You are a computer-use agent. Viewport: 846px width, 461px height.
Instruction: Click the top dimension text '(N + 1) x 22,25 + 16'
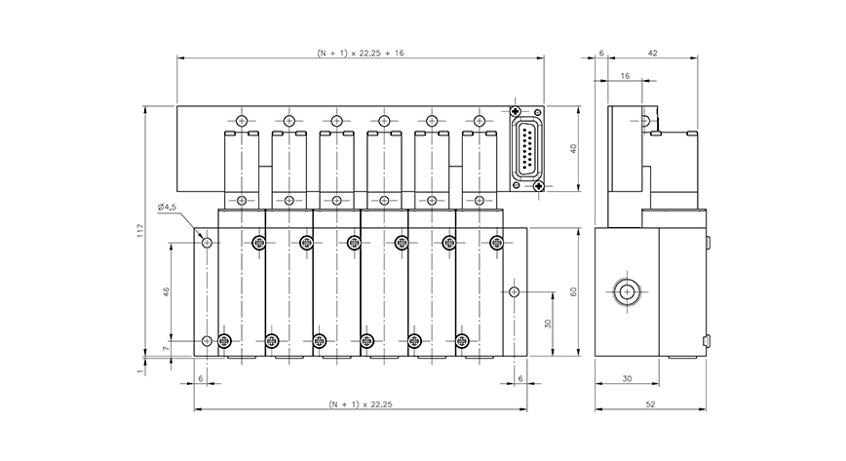[x=360, y=53]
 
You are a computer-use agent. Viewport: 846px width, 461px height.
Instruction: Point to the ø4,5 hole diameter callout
[x=167, y=207]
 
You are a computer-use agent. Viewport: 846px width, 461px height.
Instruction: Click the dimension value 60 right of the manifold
[x=575, y=292]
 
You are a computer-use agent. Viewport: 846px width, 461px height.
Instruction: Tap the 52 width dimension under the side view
[x=650, y=403]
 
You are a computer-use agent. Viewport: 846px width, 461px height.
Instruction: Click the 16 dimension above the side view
[x=624, y=75]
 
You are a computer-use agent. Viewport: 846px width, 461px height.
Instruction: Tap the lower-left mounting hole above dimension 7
[x=206, y=340]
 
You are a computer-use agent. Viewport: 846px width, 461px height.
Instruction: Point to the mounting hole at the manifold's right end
[x=515, y=291]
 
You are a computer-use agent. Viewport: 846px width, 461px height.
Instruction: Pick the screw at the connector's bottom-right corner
[x=540, y=185]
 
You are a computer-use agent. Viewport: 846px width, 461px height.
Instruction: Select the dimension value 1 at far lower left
[x=140, y=370]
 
